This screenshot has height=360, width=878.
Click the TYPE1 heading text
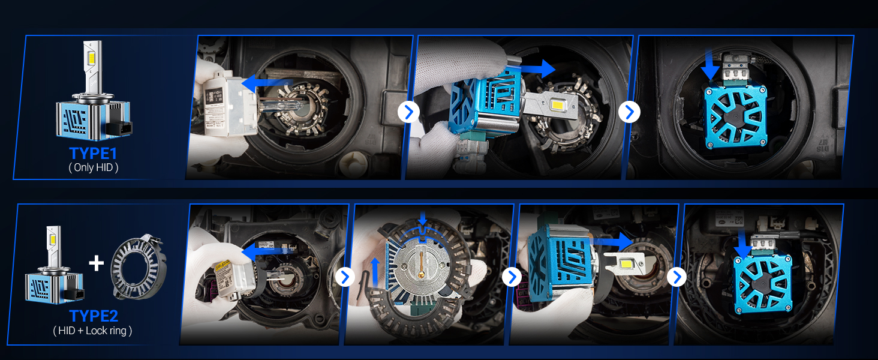coord(94,153)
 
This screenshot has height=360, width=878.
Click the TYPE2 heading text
coord(94,316)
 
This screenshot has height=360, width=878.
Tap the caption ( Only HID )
coord(94,168)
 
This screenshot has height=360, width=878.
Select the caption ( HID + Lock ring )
coord(93,331)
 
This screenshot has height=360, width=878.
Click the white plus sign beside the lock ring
coord(96,263)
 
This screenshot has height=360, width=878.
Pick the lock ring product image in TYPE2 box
coord(139,267)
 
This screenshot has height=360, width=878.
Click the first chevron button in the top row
coord(408,112)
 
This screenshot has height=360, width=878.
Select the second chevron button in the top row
coord(629,112)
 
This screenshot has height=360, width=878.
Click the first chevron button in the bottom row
coord(345,277)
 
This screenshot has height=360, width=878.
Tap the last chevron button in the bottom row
coord(676,277)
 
